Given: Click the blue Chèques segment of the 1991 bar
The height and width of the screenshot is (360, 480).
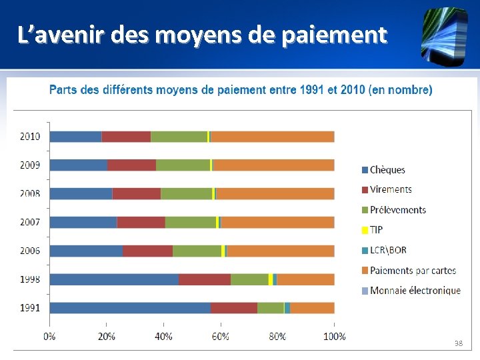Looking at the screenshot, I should point(130,308).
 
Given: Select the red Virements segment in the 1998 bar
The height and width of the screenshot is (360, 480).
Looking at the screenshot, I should point(205,279).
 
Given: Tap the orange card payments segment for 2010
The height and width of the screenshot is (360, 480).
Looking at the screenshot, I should point(272,137).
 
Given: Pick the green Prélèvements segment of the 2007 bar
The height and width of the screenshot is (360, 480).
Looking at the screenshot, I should point(191,222).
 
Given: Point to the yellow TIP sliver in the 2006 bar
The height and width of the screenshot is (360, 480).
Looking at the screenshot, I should point(223,251).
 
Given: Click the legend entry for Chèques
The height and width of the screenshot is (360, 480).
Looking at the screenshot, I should point(387,170).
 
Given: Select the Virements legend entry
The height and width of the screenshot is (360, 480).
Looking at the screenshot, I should point(391,189).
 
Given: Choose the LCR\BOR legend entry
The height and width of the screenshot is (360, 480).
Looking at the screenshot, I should point(388,250).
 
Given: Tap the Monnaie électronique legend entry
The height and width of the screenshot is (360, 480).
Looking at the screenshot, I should point(415,290).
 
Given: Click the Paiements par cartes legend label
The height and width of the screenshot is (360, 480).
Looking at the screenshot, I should point(413,270).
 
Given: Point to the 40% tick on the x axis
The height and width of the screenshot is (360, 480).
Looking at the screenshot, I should point(163,337).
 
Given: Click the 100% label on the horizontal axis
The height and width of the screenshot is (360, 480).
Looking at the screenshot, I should point(334,337).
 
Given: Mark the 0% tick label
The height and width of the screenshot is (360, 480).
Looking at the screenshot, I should point(50,337).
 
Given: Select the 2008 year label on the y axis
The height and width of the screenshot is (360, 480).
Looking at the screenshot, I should point(30,193).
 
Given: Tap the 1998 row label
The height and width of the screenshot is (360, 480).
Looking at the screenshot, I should point(30,279).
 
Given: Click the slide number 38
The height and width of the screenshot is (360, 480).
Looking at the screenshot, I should point(458,343).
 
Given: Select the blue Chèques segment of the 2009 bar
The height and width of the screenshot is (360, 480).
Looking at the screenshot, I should point(79,165).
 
